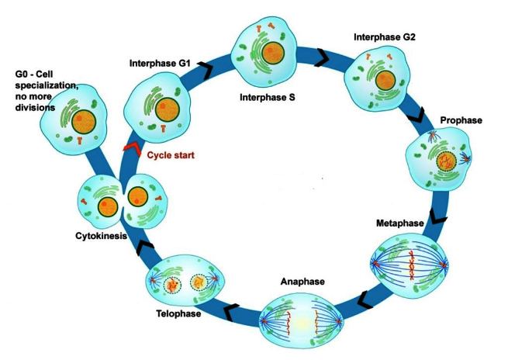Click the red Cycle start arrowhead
click(x=132, y=148)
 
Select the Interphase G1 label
click(x=160, y=63)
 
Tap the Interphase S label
click(x=268, y=97)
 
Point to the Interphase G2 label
click(x=384, y=37)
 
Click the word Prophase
click(x=461, y=120)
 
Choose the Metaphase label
click(x=399, y=223)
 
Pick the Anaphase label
click(x=302, y=282)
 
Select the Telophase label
click(x=178, y=313)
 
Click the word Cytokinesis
click(x=101, y=236)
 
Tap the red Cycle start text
click(x=171, y=155)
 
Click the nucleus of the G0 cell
click(x=84, y=122)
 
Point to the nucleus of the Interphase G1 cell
click(x=168, y=109)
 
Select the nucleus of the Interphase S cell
click(x=273, y=53)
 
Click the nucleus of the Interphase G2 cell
click(x=385, y=81)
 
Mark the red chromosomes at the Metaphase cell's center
click(x=412, y=265)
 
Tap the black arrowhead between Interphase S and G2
click(x=323, y=58)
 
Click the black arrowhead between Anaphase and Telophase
click(x=231, y=313)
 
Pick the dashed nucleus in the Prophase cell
click(x=446, y=161)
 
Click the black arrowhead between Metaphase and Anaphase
click(x=366, y=300)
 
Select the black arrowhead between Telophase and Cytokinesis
click(x=145, y=247)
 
